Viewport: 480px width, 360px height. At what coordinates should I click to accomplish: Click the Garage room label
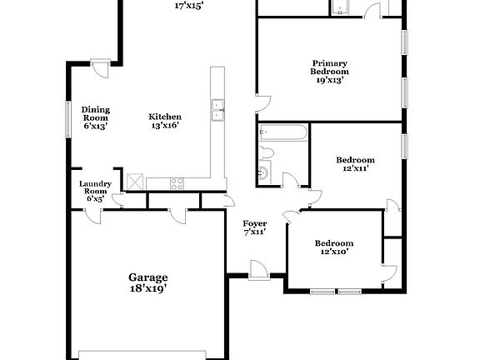(x=147, y=277)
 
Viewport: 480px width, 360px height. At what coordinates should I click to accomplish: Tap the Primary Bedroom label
(x=330, y=67)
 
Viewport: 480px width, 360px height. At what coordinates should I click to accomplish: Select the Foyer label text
(x=254, y=223)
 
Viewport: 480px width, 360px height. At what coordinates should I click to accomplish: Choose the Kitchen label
(x=165, y=117)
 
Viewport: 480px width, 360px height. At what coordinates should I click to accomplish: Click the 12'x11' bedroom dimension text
(x=355, y=168)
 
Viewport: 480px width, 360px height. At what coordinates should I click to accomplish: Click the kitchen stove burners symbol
(x=177, y=182)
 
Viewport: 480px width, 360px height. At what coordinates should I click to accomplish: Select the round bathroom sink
(x=263, y=172)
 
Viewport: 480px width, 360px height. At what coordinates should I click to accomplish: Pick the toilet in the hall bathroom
(x=264, y=152)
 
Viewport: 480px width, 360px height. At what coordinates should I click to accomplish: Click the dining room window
(x=68, y=117)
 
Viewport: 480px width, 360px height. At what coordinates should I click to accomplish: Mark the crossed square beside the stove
(x=135, y=181)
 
